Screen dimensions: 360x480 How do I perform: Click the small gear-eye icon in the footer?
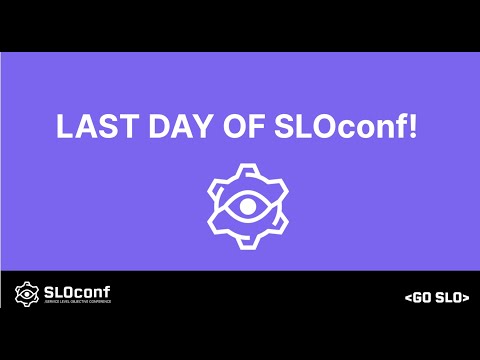pos(26,295)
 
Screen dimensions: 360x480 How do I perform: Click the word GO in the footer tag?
pos(422,298)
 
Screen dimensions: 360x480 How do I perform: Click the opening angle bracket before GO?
pos(408,298)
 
